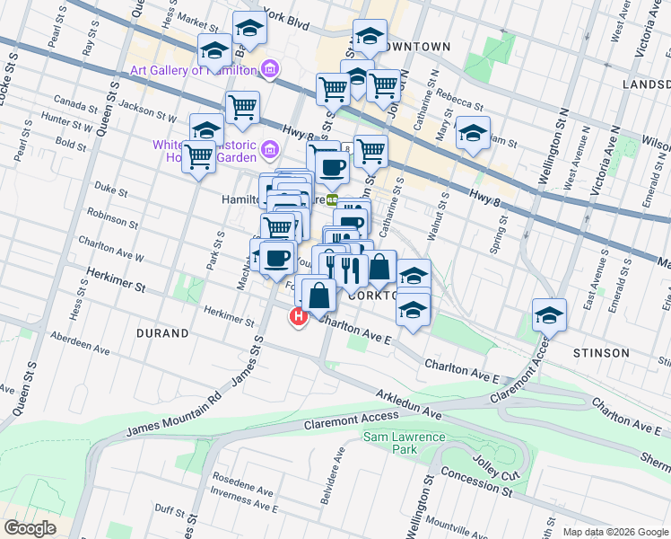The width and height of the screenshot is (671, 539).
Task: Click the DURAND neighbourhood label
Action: coord(161,333)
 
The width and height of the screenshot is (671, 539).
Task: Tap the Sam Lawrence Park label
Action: coord(404,443)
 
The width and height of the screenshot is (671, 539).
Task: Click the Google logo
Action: coord(30,527)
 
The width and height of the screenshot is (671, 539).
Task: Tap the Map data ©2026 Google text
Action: coord(614,532)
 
